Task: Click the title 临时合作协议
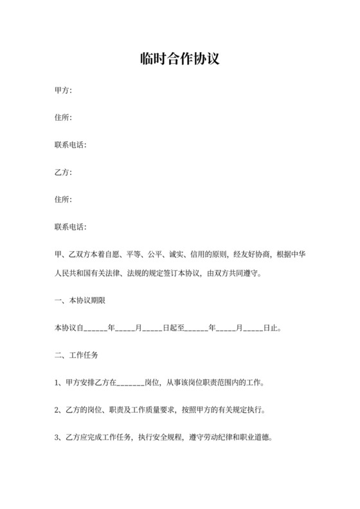pos(179,60)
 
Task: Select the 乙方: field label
pos(63,172)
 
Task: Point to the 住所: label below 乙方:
pos(63,199)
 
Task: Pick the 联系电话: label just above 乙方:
pos(70,145)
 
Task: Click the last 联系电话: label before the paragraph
pos(70,226)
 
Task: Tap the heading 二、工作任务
pos(76,355)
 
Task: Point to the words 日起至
pos(174,328)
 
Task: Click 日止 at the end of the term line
pos(271,328)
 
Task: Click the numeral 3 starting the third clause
pos(57,437)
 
